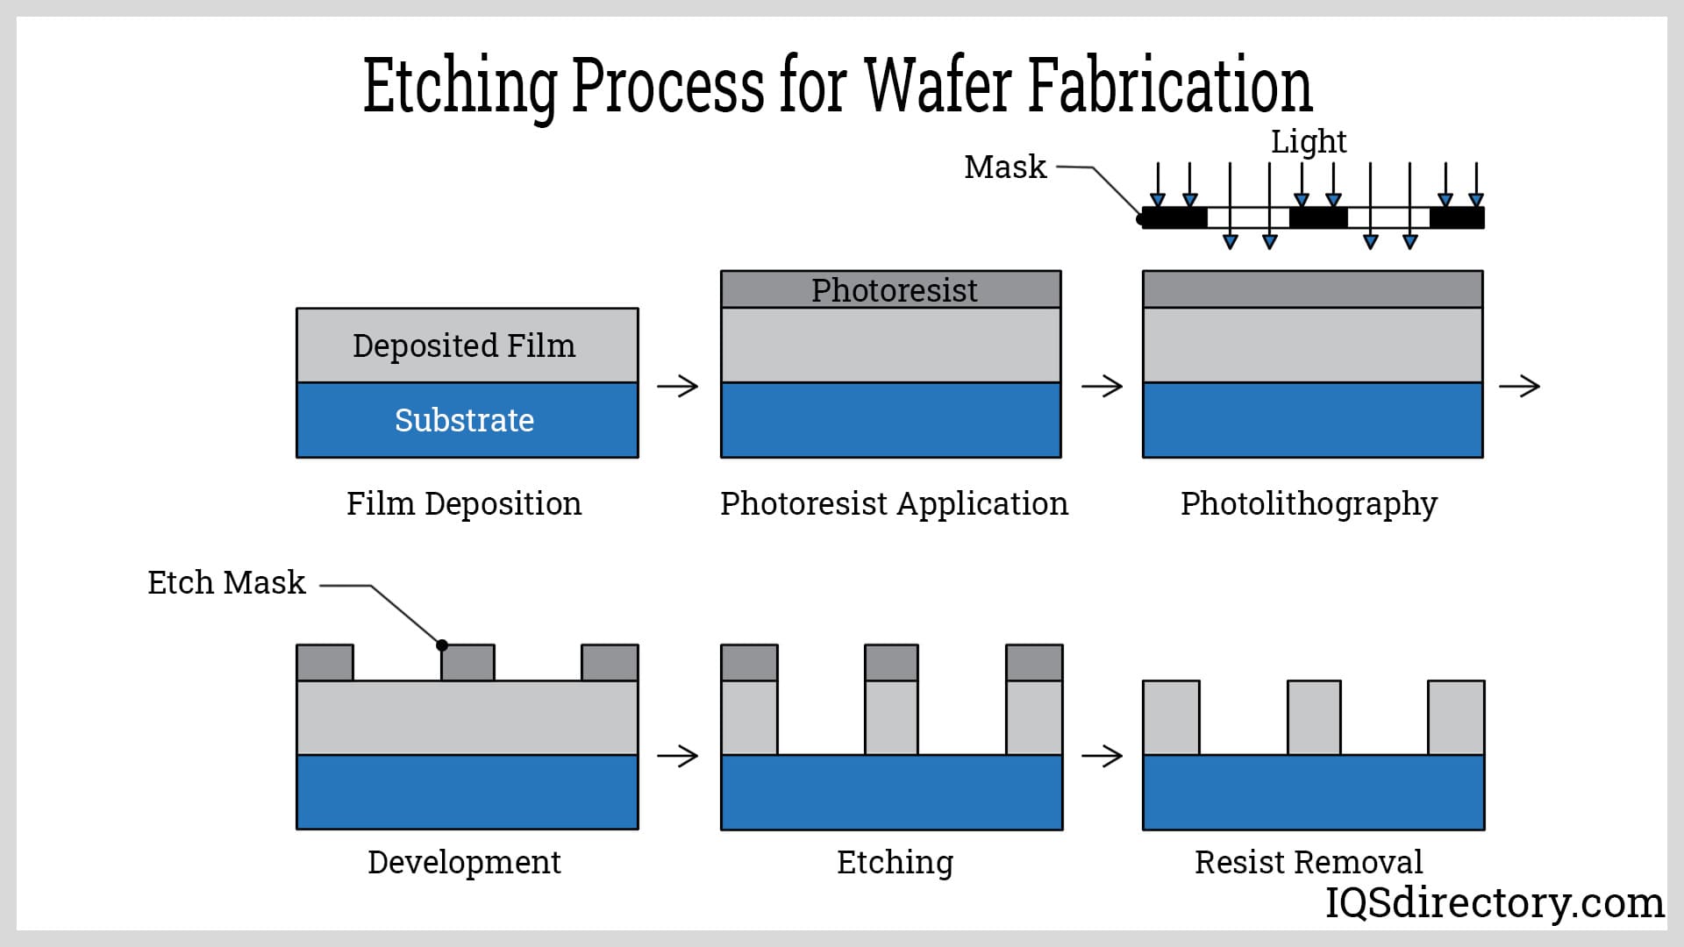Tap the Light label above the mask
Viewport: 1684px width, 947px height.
(1309, 141)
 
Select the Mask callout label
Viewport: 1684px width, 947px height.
(1005, 167)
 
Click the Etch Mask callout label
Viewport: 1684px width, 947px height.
(226, 582)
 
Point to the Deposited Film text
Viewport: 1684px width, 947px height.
(464, 345)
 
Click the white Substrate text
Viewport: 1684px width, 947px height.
(464, 420)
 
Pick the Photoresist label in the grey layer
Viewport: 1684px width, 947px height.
(894, 290)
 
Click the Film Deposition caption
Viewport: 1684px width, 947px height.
(464, 503)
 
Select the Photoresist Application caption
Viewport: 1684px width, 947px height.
(894, 503)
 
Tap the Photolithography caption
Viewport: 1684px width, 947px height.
(1309, 503)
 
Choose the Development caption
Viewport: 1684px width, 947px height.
(464, 862)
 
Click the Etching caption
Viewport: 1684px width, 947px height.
(895, 862)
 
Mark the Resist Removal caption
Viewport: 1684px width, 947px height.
(1309, 862)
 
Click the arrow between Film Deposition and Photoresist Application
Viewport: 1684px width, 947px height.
(678, 386)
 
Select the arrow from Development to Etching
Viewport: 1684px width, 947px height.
(678, 756)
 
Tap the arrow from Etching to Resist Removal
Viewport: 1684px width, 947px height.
(1102, 756)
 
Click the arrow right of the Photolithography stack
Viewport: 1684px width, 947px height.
(1520, 386)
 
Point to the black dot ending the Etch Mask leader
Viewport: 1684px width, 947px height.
(442, 645)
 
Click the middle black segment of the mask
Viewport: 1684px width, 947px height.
(1318, 217)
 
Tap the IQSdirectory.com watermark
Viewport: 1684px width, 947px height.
(1494, 902)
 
